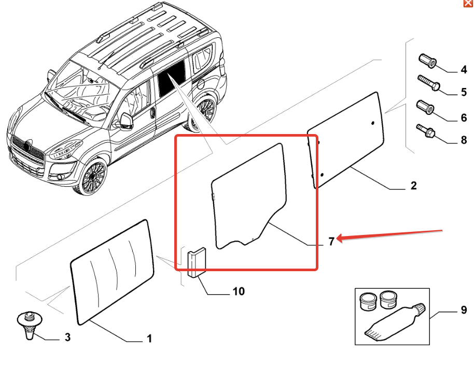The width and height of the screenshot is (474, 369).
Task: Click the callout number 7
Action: point(331,242)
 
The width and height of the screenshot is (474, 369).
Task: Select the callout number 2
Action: point(413,186)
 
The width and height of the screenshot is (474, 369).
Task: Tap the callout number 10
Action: point(238,292)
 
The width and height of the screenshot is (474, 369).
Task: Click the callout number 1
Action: point(149,340)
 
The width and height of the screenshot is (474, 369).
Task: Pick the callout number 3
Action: point(67,338)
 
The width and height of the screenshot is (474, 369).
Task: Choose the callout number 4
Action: point(464,70)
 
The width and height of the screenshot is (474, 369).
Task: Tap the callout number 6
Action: point(464,118)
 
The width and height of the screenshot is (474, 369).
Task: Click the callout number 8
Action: point(464,140)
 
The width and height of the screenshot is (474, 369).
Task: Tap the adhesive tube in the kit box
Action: point(395,322)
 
